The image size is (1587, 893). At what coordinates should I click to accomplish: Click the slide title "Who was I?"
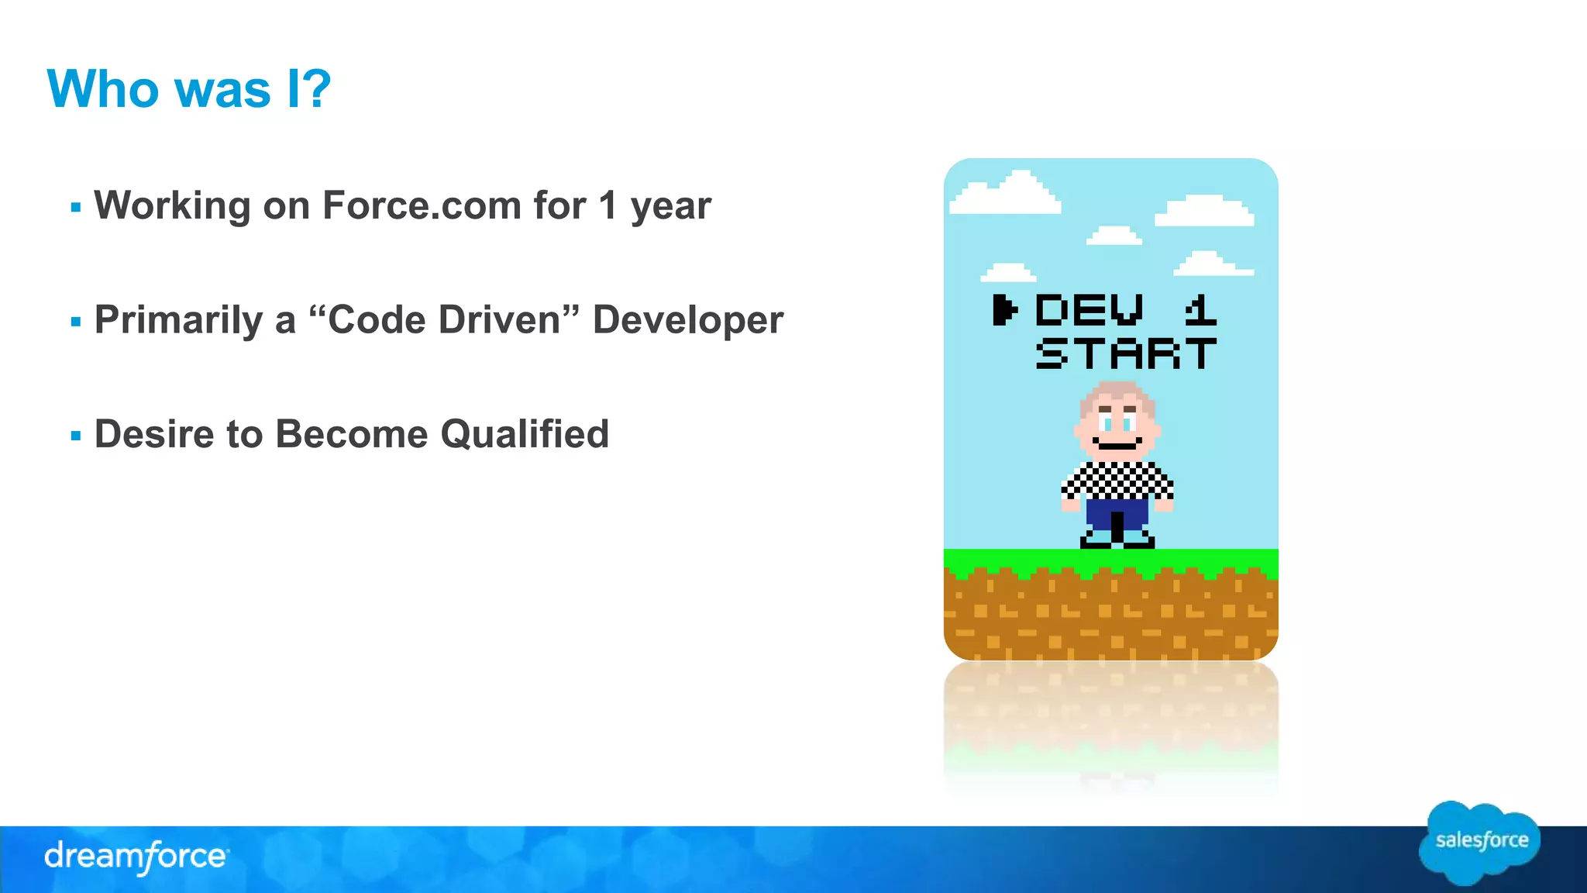click(189, 89)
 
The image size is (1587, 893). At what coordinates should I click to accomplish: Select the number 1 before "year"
click(608, 206)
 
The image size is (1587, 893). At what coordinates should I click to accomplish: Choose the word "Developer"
click(688, 320)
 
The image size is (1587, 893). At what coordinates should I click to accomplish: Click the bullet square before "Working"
click(75, 208)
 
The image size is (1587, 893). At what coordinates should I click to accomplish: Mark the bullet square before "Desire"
click(75, 436)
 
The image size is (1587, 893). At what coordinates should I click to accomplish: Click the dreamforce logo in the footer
click(136, 857)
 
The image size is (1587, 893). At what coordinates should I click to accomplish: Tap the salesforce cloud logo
click(1480, 842)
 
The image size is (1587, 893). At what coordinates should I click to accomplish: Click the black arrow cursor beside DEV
click(1003, 310)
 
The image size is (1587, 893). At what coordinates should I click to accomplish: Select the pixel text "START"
click(1126, 353)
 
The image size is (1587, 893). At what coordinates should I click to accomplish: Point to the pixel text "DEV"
click(1090, 310)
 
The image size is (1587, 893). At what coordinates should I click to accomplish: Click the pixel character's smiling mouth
click(1117, 444)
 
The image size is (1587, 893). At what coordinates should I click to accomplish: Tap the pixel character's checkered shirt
click(1117, 481)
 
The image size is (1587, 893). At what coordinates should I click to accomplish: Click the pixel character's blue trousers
click(1117, 513)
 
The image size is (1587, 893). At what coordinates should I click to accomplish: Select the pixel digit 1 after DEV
click(1200, 310)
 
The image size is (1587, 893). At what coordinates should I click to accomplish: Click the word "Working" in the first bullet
click(172, 206)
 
